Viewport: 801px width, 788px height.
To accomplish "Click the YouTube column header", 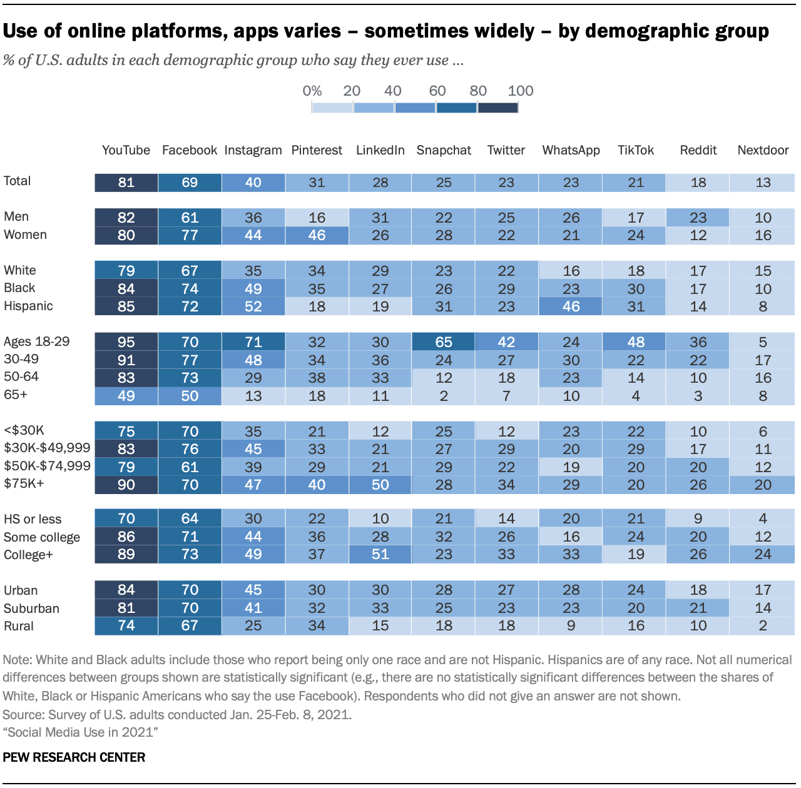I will tap(126, 150).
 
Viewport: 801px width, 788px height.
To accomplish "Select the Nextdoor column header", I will tap(763, 150).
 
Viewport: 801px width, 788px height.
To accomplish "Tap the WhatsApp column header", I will tap(571, 150).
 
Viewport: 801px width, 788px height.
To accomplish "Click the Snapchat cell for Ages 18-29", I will tap(444, 342).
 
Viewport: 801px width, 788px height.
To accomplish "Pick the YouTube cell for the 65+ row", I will tap(126, 396).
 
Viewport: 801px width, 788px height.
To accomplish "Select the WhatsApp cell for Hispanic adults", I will tap(571, 306).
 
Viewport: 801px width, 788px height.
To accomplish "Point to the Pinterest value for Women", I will tap(317, 235).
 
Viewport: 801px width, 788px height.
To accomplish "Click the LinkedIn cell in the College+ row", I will tap(380, 554).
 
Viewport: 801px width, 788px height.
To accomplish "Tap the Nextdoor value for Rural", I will tap(763, 625).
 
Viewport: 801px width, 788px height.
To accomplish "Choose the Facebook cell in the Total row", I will tap(190, 183).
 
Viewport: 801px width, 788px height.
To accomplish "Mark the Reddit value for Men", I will tap(698, 218).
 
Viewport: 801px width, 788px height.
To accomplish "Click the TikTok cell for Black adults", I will tap(636, 289).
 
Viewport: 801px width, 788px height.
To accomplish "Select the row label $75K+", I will tap(24, 483).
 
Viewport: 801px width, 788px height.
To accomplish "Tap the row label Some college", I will tap(42, 537).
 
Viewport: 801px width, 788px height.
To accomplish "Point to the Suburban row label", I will tap(31, 609).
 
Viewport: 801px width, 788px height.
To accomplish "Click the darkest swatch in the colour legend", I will tap(497, 108).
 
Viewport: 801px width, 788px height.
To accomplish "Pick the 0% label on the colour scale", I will tap(312, 91).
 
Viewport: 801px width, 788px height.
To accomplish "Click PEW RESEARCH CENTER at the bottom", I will tap(74, 757).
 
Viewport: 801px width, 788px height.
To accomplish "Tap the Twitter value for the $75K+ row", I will tap(506, 485).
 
